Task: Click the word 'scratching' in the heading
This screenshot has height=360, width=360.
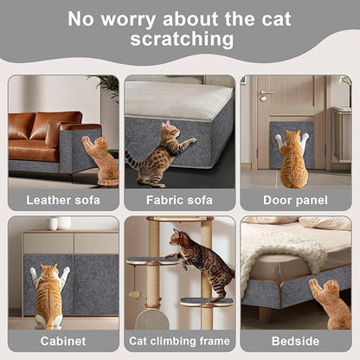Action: point(182,39)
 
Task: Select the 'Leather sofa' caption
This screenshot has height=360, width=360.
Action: point(63,200)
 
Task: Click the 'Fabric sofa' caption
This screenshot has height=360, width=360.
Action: point(179,200)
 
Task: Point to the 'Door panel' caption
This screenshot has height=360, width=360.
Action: point(295,200)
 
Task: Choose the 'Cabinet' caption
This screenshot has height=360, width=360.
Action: point(63,340)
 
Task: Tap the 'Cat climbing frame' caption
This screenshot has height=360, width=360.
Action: point(179,340)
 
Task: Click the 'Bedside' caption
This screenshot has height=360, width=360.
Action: point(295,340)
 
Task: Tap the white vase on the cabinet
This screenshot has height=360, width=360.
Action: point(53,224)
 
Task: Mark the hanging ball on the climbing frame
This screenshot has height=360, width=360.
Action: point(135,295)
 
